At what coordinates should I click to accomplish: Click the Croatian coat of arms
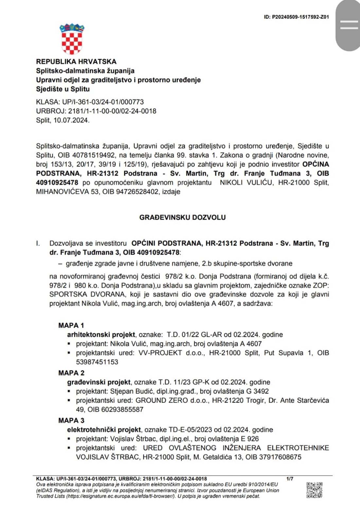tap(72, 39)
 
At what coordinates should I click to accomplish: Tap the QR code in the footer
tap(314, 490)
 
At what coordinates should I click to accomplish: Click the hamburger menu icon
tap(349, 25)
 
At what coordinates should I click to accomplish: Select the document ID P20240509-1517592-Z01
tap(296, 17)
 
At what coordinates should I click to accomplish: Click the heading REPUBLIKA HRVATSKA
tap(76, 62)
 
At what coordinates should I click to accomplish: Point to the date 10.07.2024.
tap(71, 120)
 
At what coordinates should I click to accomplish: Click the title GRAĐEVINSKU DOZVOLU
tap(182, 217)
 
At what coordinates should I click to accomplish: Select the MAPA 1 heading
tap(71, 326)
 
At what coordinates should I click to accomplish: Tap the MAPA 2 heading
tap(71, 373)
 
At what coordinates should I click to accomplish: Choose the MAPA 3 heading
tap(71, 421)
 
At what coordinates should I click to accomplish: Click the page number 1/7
tap(290, 479)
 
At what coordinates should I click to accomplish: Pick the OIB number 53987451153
tap(97, 362)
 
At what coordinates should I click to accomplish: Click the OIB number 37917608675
tap(280, 457)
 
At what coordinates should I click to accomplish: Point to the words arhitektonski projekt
tap(101, 335)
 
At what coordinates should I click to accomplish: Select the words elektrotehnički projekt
tap(104, 430)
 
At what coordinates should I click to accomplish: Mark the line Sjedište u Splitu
tap(63, 89)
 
